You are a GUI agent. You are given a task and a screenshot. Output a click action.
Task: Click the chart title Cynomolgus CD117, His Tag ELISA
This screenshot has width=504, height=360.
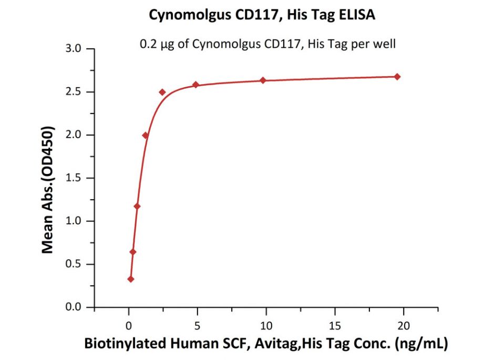[x=262, y=15]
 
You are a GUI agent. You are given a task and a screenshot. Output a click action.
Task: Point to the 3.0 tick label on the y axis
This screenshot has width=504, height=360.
[x=74, y=49]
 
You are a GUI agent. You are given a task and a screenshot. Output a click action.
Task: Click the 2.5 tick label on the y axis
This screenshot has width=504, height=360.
[x=74, y=92]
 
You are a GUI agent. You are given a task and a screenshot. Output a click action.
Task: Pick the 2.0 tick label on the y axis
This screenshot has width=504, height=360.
[x=74, y=135]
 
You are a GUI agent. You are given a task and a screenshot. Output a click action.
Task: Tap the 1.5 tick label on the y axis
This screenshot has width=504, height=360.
[x=74, y=178]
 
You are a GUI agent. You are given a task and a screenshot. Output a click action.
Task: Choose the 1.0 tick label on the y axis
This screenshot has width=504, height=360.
[x=74, y=221]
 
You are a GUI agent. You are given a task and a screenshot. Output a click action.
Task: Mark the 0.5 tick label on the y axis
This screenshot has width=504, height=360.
[x=74, y=264]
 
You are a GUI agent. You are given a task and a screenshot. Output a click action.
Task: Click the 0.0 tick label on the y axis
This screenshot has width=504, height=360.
[x=74, y=307]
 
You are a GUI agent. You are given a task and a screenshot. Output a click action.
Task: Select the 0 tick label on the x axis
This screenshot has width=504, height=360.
[x=128, y=325]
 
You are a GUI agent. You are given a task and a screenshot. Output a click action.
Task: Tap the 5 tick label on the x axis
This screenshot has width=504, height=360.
[x=197, y=325]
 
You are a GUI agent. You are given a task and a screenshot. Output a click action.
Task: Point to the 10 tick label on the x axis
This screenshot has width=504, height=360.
[x=266, y=325]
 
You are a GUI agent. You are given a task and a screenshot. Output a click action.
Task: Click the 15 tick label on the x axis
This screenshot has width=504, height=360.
[x=335, y=325]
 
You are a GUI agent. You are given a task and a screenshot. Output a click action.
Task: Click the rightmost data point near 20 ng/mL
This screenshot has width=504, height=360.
[x=397, y=77]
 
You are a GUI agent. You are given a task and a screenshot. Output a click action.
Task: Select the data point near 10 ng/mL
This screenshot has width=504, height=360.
[x=263, y=80]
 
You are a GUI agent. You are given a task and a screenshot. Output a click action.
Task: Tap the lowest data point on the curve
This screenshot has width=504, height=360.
[x=131, y=279]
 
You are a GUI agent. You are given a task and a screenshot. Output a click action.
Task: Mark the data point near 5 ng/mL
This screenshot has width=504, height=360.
[x=196, y=85]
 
